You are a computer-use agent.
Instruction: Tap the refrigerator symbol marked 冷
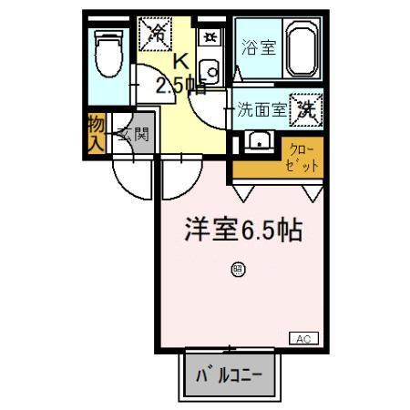156,36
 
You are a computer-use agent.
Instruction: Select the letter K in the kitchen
180,63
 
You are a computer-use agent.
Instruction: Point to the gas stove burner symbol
210,37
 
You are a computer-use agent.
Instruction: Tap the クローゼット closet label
303,159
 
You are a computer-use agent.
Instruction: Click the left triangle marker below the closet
243,191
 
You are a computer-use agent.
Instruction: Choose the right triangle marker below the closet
313,191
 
